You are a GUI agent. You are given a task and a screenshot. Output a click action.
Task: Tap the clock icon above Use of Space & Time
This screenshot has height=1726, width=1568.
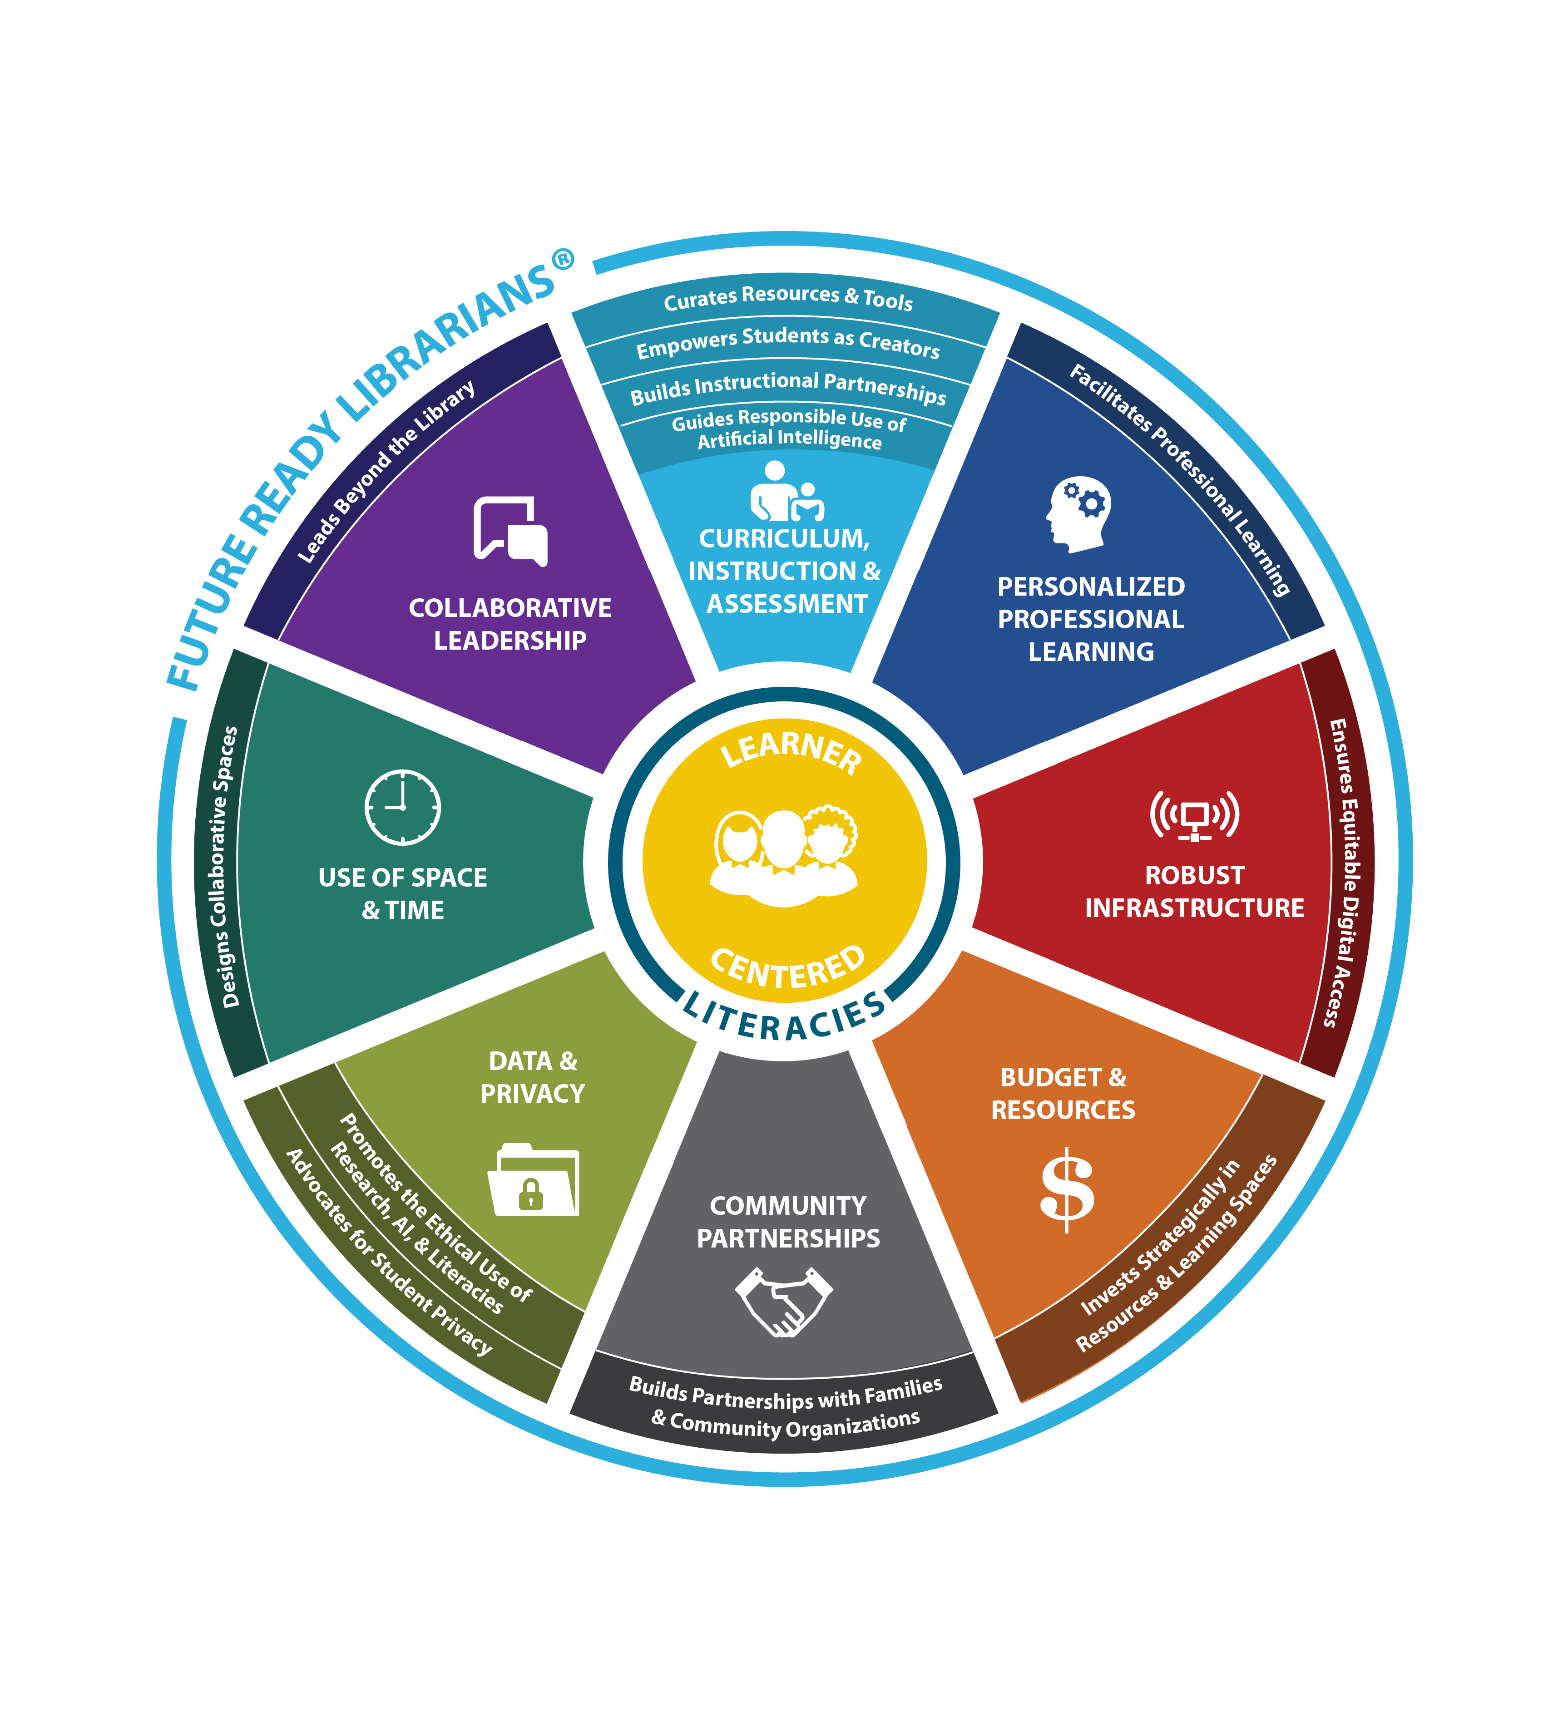[402, 807]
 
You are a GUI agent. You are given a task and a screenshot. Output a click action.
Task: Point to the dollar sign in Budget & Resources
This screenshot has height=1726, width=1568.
[1066, 1189]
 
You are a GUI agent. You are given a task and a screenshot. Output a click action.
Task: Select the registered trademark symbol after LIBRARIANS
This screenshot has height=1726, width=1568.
[563, 259]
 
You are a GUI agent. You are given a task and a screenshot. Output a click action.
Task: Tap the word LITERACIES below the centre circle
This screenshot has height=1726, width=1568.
[784, 1019]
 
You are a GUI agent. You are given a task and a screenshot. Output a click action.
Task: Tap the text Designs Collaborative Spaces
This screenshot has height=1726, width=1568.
[224, 867]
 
